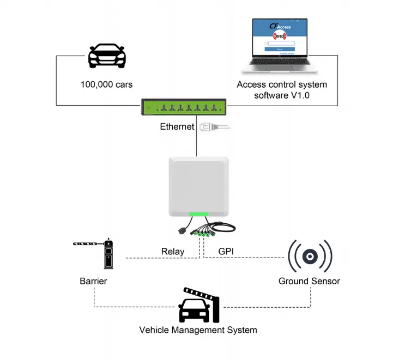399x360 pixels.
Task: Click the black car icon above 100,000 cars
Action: click(107, 56)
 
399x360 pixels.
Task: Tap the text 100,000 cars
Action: click(106, 84)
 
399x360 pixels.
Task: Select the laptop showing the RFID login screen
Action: click(279, 46)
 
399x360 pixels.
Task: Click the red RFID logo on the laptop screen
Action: click(280, 36)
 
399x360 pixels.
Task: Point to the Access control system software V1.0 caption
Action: click(282, 90)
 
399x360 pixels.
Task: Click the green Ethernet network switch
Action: click(184, 107)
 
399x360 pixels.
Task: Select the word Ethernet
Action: click(177, 127)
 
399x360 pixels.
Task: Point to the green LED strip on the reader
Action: click(199, 215)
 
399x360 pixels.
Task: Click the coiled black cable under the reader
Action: click(223, 227)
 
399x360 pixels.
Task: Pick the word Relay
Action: click(173, 252)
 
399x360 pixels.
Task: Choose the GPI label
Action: click(226, 252)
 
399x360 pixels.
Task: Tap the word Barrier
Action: click(93, 282)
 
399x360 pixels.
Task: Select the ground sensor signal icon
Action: click(310, 256)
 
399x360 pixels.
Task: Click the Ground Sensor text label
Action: click(309, 282)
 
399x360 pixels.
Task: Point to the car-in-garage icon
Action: click(199, 306)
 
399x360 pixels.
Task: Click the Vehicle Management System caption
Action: click(198, 330)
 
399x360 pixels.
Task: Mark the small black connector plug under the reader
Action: click(183, 231)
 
